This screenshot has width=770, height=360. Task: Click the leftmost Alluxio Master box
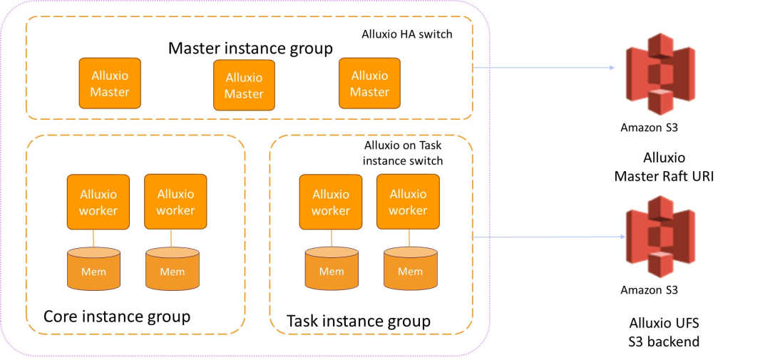tap(110, 83)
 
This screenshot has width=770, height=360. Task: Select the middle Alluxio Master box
tap(244, 86)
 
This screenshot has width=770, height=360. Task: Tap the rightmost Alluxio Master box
tap(369, 83)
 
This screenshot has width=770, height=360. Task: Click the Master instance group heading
tap(250, 48)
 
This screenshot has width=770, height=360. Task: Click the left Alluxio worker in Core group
tap(98, 202)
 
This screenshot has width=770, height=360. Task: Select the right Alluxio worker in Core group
tap(175, 202)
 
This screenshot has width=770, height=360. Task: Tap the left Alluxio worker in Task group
tap(331, 202)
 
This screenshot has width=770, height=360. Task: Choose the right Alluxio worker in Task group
tap(408, 202)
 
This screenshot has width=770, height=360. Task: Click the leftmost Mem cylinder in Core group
tap(93, 269)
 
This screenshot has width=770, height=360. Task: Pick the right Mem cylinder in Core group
tap(172, 269)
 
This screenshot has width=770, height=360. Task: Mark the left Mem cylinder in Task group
tap(331, 269)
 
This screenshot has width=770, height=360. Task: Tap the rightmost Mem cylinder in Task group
tap(410, 269)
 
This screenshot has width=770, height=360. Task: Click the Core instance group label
tap(117, 316)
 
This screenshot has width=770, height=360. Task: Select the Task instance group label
tap(358, 321)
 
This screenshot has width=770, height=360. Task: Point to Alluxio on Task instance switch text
tap(403, 153)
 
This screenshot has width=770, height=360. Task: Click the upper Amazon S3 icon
tap(659, 78)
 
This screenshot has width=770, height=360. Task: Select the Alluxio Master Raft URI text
tap(664, 167)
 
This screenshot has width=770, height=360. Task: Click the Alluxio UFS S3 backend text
tap(664, 332)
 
